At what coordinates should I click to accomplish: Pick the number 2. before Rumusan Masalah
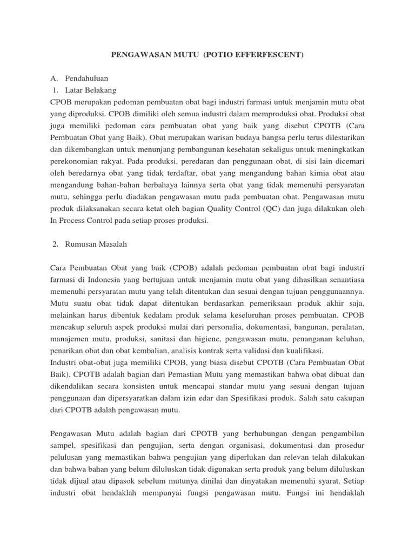(x=56, y=244)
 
